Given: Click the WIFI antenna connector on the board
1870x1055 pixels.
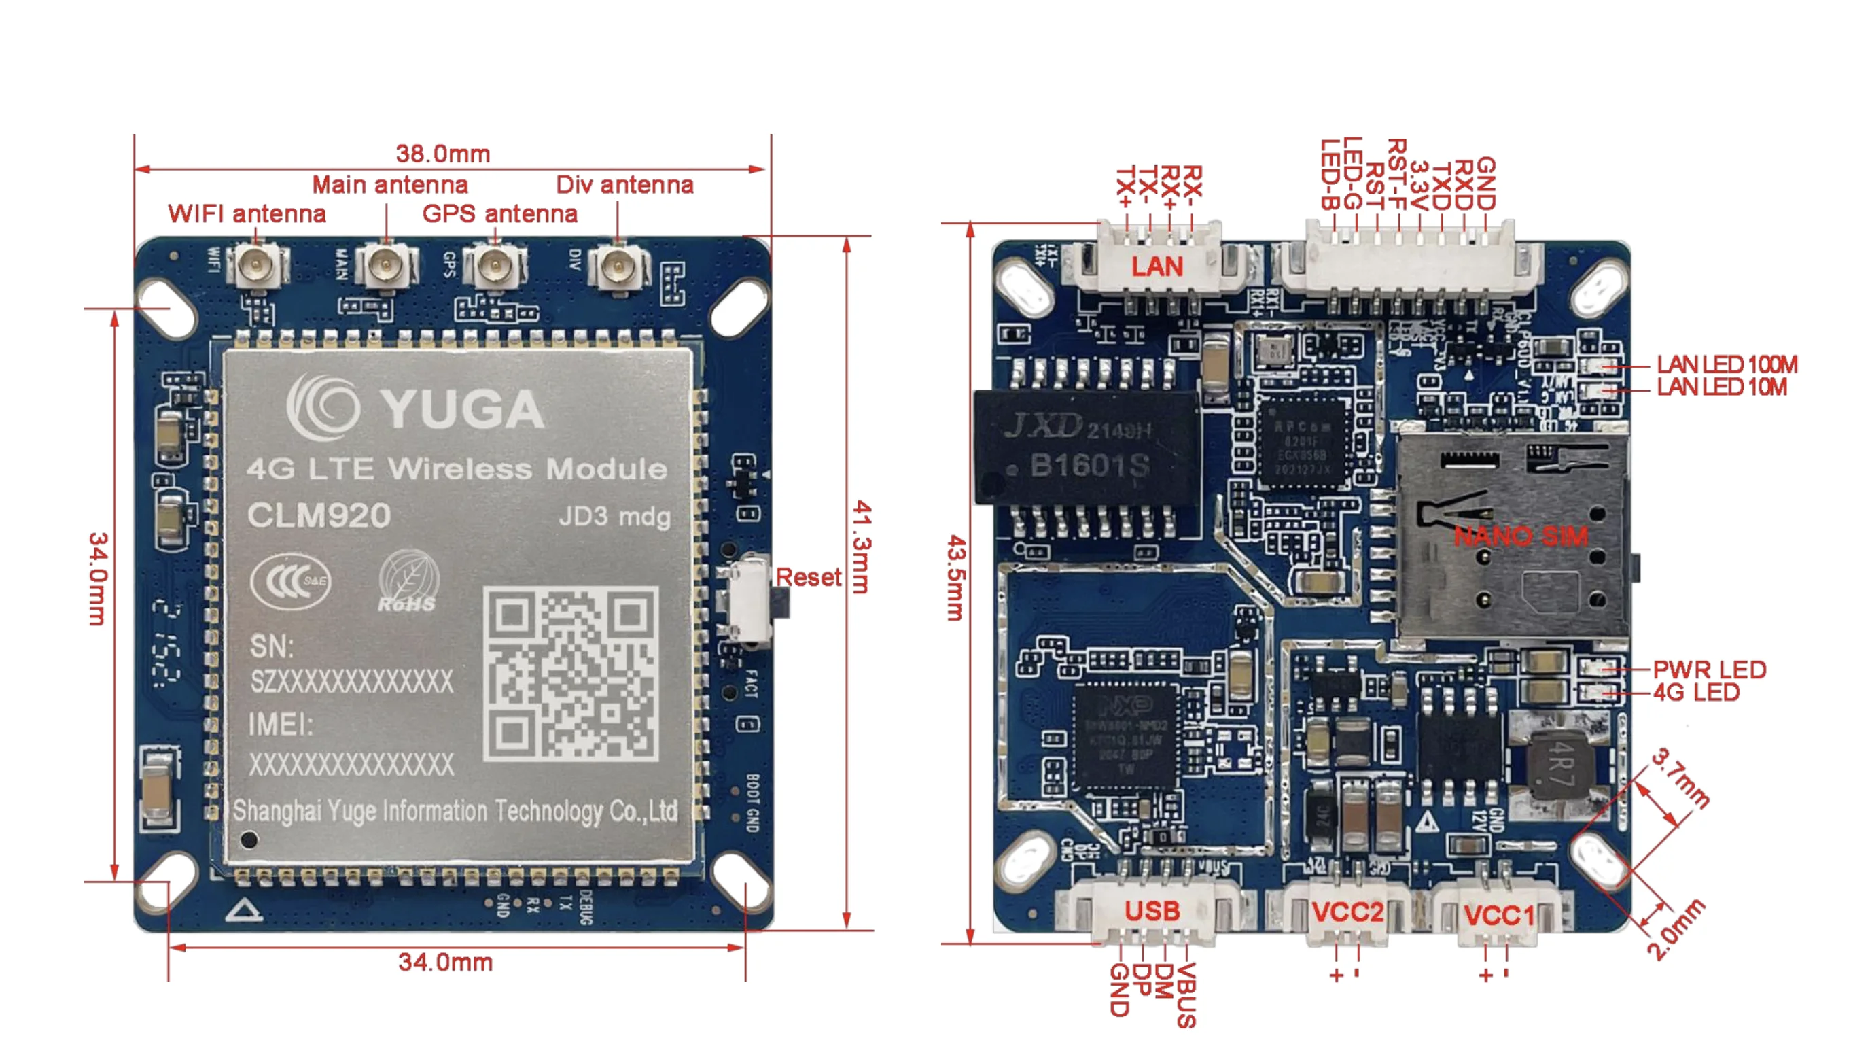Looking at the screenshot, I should (x=255, y=266).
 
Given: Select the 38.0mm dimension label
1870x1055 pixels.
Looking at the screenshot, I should (x=443, y=154).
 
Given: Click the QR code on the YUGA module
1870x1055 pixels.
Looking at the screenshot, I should (x=571, y=674).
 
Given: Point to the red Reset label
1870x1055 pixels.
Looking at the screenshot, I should (x=808, y=577).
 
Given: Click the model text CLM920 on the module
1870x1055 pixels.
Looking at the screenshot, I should (x=319, y=515).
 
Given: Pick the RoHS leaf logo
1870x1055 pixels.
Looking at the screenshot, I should (x=408, y=582).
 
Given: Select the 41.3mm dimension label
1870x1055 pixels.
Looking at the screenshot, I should (x=861, y=546).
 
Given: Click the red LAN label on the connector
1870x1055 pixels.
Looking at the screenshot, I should (x=1157, y=267).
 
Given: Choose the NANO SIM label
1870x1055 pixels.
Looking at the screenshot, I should (x=1520, y=536).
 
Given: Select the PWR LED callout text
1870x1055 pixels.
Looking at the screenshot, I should (x=1709, y=670).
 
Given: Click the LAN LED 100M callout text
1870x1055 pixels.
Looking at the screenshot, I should (x=1726, y=364).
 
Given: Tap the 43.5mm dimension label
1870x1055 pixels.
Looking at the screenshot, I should (x=955, y=578).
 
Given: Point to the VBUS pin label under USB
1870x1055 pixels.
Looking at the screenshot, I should (x=1186, y=995).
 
